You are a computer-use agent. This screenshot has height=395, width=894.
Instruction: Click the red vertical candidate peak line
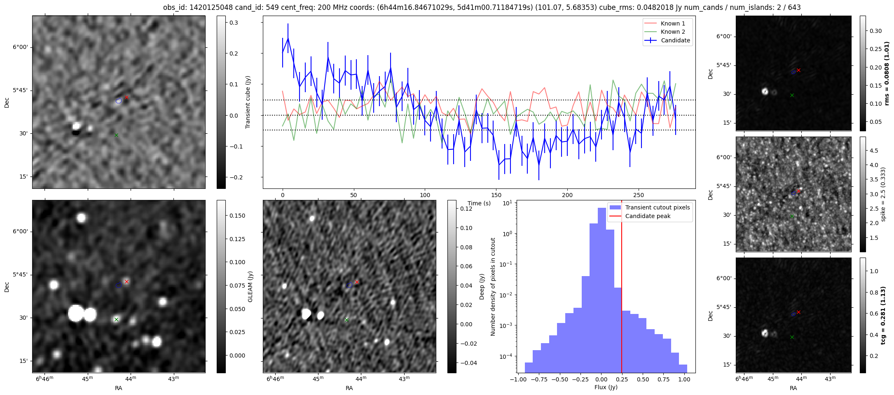[x=622, y=288]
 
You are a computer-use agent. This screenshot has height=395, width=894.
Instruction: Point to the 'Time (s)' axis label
[x=479, y=203]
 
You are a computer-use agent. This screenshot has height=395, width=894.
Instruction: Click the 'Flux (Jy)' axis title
[x=606, y=387]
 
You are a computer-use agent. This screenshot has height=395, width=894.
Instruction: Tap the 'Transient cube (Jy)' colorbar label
[x=248, y=102]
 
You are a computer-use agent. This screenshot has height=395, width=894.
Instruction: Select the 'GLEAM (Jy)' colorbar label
[x=250, y=286]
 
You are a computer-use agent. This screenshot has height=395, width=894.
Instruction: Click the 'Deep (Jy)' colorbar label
[x=482, y=286]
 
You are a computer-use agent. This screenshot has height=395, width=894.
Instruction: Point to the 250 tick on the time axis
[x=638, y=195]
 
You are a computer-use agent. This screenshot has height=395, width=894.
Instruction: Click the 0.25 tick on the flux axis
[x=622, y=379]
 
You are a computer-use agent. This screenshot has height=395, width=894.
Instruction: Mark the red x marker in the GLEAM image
[x=127, y=282]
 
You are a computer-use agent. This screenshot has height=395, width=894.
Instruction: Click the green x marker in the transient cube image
[x=116, y=135]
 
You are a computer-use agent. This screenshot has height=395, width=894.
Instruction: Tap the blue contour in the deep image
[x=350, y=285]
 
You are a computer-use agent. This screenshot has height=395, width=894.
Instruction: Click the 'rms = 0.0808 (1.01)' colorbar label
[x=887, y=73]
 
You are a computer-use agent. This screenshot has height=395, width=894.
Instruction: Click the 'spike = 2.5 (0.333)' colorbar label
[x=883, y=194]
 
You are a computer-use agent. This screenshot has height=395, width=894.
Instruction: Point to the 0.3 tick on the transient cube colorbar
[x=234, y=23]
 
